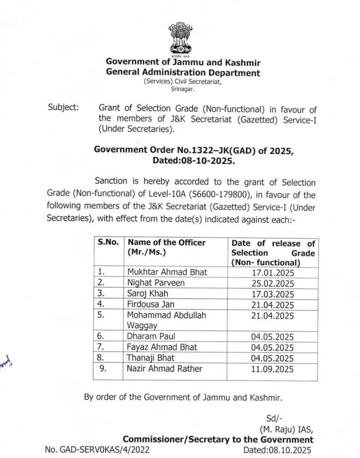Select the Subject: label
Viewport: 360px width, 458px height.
pos(62,108)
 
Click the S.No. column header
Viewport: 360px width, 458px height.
pos(108,243)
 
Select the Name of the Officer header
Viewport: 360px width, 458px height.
pos(166,243)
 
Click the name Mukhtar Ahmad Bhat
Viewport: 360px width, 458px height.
pos(167,272)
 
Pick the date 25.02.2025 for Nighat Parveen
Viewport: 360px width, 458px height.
pos(273,283)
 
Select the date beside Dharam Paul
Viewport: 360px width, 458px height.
pos(273,336)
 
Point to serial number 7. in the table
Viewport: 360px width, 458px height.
pos(101,347)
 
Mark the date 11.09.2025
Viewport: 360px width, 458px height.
pos(273,369)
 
